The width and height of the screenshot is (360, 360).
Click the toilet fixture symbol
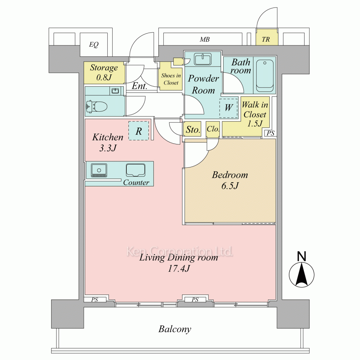(96, 106)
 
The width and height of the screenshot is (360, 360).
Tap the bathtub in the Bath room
(265, 74)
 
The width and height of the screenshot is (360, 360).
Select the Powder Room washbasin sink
(203, 59)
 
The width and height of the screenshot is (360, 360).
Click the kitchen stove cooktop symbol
(99, 170)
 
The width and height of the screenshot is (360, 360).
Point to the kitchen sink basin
(135, 170)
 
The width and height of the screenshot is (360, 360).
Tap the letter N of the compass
(302, 256)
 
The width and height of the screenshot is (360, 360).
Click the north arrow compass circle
(302, 275)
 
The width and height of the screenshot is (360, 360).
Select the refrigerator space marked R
(139, 131)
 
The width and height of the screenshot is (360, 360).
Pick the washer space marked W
(229, 108)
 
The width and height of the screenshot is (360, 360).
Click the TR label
(266, 40)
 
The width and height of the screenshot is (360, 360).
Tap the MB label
(204, 40)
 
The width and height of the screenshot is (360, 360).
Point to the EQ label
(94, 44)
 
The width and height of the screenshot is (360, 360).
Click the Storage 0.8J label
(104, 72)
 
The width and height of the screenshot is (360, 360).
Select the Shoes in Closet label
(171, 79)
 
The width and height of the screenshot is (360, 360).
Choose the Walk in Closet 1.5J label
(255, 114)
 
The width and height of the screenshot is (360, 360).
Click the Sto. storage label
(193, 130)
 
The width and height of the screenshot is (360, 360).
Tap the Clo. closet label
(213, 129)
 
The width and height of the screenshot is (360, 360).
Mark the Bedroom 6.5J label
(230, 180)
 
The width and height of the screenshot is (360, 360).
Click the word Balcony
(175, 329)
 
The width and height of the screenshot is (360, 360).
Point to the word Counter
(136, 182)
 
